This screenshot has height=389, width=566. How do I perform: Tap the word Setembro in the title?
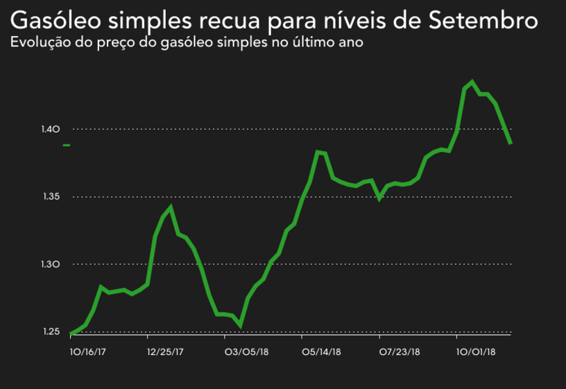click(483, 19)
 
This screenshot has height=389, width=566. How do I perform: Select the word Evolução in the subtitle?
click(39, 43)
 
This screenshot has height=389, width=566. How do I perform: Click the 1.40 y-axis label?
click(52, 129)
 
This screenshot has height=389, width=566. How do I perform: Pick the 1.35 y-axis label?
click(52, 197)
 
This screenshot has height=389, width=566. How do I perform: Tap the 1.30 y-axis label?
click(52, 264)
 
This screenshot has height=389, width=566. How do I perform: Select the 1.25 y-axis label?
click(52, 332)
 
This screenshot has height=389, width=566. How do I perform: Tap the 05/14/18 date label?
click(320, 352)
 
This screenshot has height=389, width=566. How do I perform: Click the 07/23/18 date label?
click(397, 352)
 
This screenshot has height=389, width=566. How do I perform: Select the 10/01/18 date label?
click(475, 352)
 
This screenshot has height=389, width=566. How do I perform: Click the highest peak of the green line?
click(472, 82)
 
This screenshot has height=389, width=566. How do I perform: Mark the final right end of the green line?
click(511, 143)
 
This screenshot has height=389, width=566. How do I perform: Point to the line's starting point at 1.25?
click(71, 334)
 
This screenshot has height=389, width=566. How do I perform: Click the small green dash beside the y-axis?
click(67, 145)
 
